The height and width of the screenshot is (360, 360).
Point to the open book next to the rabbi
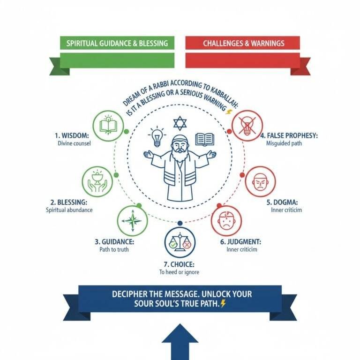[204, 139]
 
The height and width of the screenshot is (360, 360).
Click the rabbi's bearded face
[180, 149]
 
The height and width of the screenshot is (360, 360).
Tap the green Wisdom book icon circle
[108, 125]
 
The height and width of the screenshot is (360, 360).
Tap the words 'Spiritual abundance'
[69, 210]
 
